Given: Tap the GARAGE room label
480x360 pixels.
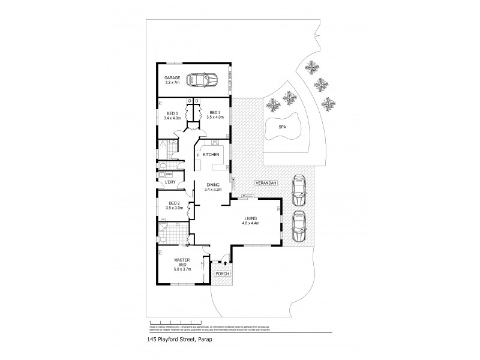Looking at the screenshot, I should pyautogui.click(x=173, y=81).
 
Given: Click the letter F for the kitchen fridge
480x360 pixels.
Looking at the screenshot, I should pyautogui.click(x=198, y=155).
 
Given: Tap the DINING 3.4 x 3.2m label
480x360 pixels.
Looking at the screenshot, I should pyautogui.click(x=214, y=187).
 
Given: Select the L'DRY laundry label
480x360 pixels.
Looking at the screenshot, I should pyautogui.click(x=170, y=181).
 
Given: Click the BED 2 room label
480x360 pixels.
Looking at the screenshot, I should pyautogui.click(x=175, y=205).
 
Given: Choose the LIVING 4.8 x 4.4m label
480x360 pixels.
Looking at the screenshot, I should pyautogui.click(x=251, y=221).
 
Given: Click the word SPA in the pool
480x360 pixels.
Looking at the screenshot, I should pyautogui.click(x=282, y=127).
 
